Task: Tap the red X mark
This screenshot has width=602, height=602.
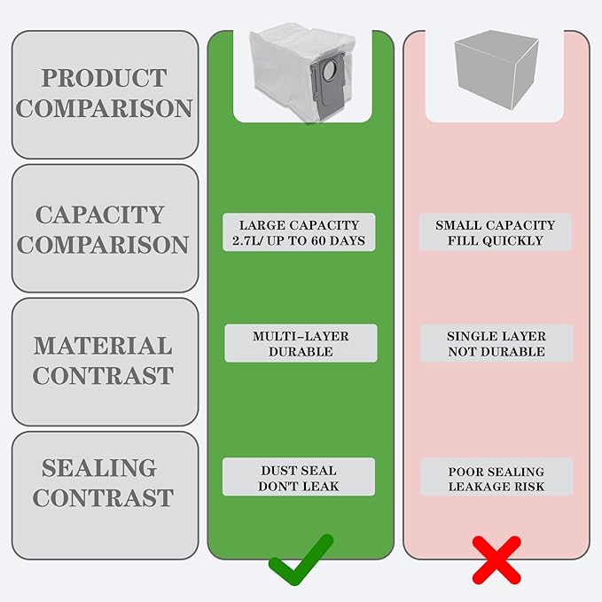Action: [x=496, y=560]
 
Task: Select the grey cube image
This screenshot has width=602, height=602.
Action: [x=496, y=69]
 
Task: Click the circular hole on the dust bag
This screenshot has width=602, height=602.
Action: [x=329, y=72]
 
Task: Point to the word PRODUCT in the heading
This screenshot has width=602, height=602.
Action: [x=104, y=78]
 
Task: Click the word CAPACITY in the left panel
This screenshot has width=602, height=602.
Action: [x=100, y=215]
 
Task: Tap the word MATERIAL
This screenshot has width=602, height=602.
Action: [x=103, y=346]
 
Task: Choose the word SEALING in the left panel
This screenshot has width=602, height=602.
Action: [x=99, y=467]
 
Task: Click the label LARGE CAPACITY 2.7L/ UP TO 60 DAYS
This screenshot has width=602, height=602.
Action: [x=299, y=232]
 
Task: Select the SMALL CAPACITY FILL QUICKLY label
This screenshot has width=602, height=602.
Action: [x=496, y=232]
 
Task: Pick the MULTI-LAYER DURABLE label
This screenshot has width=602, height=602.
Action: [x=301, y=343]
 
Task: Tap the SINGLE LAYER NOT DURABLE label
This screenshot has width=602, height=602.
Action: [x=496, y=343]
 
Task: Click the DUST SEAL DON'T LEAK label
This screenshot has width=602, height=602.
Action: [x=299, y=477]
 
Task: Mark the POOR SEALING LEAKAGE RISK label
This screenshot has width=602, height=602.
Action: [x=496, y=477]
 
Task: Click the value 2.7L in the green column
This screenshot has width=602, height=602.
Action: [x=246, y=241]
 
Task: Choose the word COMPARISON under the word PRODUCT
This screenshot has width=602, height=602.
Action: [x=104, y=108]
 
